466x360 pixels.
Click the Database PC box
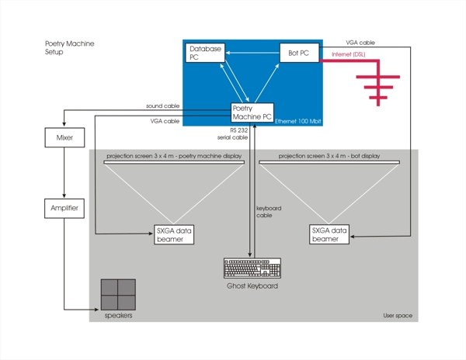[205, 53]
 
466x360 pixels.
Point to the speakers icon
[118, 295]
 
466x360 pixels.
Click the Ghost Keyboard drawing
[252, 268]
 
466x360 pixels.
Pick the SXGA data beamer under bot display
[329, 234]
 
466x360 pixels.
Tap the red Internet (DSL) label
[348, 54]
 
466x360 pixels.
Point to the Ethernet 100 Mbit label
[297, 122]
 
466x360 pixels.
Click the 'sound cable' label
[162, 106]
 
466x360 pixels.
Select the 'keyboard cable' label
[269, 212]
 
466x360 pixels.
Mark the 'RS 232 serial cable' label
[238, 133]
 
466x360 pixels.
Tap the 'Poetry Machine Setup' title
[69, 48]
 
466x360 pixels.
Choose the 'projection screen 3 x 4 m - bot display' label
[329, 156]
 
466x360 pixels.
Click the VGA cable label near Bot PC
[362, 43]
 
